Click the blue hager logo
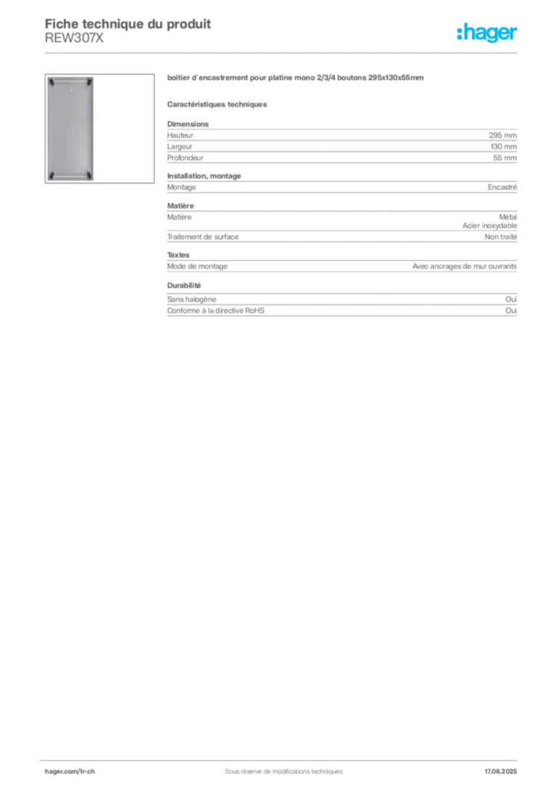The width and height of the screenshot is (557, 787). (488, 33)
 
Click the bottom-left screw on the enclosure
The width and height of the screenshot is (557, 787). (51, 176)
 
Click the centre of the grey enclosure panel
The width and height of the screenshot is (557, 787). (69, 128)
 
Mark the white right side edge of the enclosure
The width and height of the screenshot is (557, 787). (95, 128)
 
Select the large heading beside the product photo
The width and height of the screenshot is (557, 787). (295, 79)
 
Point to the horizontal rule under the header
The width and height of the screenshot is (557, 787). (308, 52)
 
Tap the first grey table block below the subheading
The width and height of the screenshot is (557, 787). (342, 141)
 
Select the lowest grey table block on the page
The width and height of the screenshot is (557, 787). (342, 307)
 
